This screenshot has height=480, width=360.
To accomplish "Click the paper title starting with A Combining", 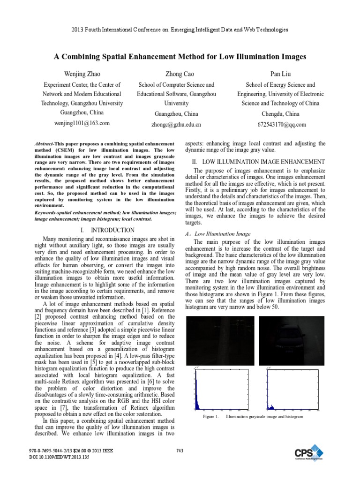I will click(x=180, y=57).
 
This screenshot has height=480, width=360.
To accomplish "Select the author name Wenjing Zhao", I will click(x=82, y=74).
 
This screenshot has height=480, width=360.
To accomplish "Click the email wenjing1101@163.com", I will click(x=82, y=123).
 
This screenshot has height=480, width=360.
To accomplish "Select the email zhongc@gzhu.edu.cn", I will click(x=176, y=125).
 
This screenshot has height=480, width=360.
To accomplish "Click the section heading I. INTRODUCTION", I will click(x=107, y=230).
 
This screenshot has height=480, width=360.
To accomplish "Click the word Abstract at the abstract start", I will click(x=45, y=142).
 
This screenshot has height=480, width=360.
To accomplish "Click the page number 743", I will click(x=180, y=451).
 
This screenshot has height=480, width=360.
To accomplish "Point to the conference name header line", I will click(x=180, y=30).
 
